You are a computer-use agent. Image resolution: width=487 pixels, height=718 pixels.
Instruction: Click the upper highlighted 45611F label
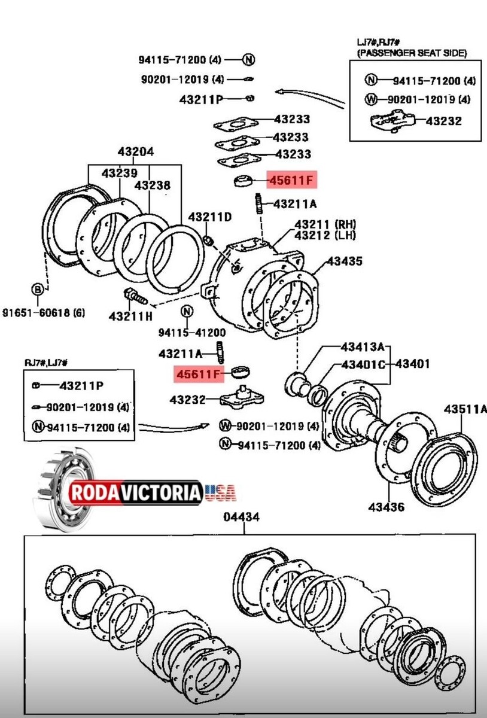[291, 180]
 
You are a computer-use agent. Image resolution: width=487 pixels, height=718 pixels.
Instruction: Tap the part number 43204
[135, 151]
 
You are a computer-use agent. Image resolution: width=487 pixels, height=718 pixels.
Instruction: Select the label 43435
[344, 261]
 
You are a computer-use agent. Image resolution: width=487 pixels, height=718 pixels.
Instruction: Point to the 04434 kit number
[242, 518]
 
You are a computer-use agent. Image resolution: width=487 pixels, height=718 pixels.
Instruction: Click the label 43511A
[465, 409]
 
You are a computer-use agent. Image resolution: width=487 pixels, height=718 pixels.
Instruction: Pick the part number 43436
[386, 507]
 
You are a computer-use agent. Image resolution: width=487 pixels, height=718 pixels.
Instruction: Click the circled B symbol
[38, 290]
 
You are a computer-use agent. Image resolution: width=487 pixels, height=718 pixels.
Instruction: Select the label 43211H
[131, 315]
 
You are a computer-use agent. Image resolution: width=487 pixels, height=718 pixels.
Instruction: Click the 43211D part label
[209, 216]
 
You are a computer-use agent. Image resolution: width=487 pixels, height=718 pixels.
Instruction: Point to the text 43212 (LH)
[325, 236]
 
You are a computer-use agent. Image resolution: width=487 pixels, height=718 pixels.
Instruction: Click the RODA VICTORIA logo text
[136, 492]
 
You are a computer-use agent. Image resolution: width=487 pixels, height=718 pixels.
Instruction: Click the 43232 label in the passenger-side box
[443, 121]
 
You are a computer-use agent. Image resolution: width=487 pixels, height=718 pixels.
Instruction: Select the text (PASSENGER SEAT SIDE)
[412, 53]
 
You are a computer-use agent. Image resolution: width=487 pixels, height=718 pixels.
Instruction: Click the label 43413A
[362, 347]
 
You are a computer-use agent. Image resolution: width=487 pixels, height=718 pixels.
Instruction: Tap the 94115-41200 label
[191, 333]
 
